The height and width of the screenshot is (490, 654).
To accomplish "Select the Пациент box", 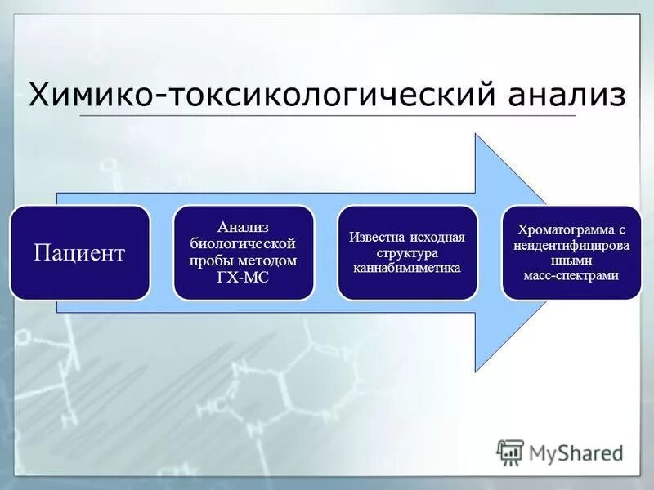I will pyautogui.click(x=79, y=252).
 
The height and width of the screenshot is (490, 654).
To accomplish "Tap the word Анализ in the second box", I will pyautogui.click(x=243, y=226).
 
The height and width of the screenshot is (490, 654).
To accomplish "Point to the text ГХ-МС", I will pyautogui.click(x=243, y=278).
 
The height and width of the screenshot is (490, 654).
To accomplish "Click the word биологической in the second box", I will pyautogui.click(x=243, y=243).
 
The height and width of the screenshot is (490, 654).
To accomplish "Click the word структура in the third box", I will pyautogui.click(x=406, y=252).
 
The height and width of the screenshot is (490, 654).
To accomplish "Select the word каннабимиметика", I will pyautogui.click(x=406, y=268).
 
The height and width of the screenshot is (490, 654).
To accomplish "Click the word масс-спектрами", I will pyautogui.click(x=571, y=276).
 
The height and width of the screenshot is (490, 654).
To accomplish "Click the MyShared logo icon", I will pyautogui.click(x=510, y=452).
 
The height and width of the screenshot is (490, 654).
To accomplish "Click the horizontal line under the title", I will pyautogui.click(x=327, y=116).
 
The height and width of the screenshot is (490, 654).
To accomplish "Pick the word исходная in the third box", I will pyautogui.click(x=436, y=237).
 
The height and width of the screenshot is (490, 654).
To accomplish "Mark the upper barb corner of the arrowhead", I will pyautogui.click(x=476, y=134).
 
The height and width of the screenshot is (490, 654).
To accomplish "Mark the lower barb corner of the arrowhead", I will pyautogui.click(x=476, y=372).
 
